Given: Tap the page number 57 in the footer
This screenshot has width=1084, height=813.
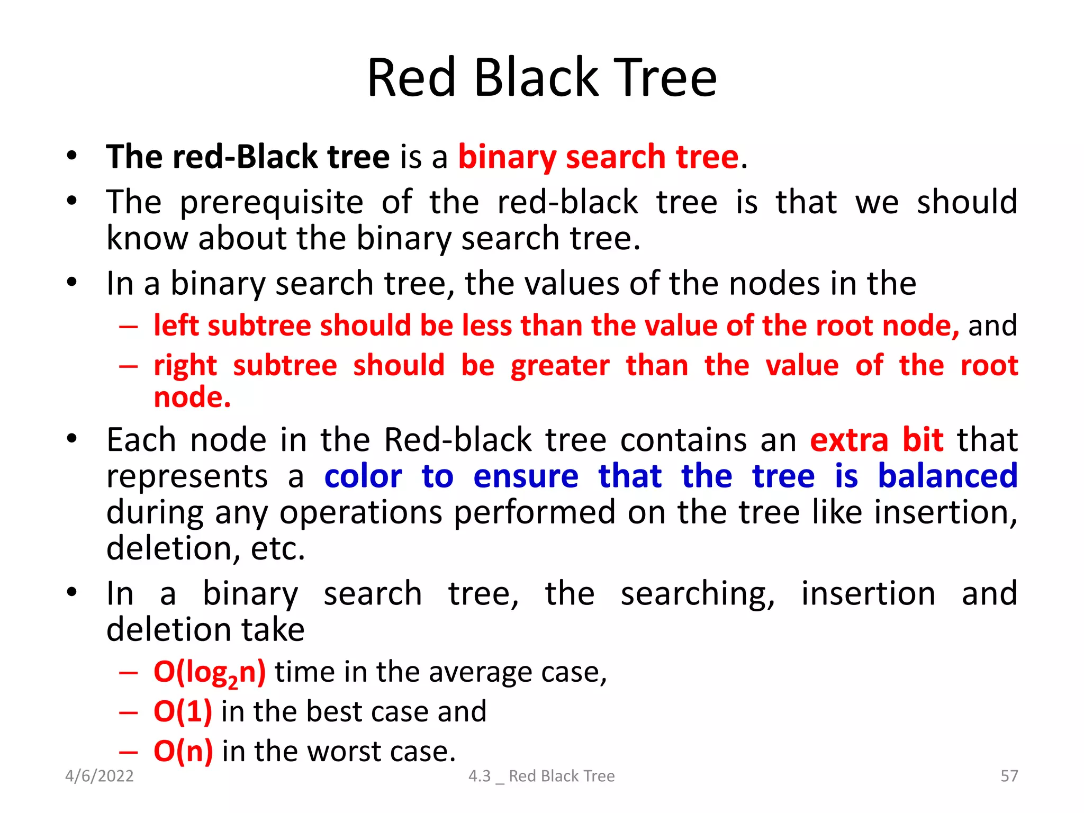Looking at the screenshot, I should [1009, 776].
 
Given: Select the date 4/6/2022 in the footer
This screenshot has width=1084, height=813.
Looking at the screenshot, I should [100, 776].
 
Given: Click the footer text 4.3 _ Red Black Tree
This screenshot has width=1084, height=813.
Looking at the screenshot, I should [541, 776].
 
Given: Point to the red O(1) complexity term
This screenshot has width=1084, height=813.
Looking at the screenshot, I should [183, 711].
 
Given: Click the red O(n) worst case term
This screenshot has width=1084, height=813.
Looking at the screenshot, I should [183, 751].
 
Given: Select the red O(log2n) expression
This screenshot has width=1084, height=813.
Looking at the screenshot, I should [210, 672].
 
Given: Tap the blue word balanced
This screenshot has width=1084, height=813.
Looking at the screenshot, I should [947, 476].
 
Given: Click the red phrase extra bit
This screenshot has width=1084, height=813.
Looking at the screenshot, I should [877, 440].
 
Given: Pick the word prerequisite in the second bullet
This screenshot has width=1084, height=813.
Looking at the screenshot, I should [272, 203].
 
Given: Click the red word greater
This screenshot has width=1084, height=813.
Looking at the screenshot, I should [560, 366].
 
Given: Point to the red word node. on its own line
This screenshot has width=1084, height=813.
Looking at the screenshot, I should [192, 398].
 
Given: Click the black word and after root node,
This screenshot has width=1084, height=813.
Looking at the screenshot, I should [992, 326].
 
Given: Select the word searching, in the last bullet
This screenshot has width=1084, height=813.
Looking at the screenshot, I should [698, 594].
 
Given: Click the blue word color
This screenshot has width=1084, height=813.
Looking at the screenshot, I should [363, 476].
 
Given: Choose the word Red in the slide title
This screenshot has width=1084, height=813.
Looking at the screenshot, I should [411, 78].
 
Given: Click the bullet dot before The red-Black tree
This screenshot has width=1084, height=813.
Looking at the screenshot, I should [72, 156].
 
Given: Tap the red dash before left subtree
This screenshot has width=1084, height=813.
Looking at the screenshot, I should [128, 326].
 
